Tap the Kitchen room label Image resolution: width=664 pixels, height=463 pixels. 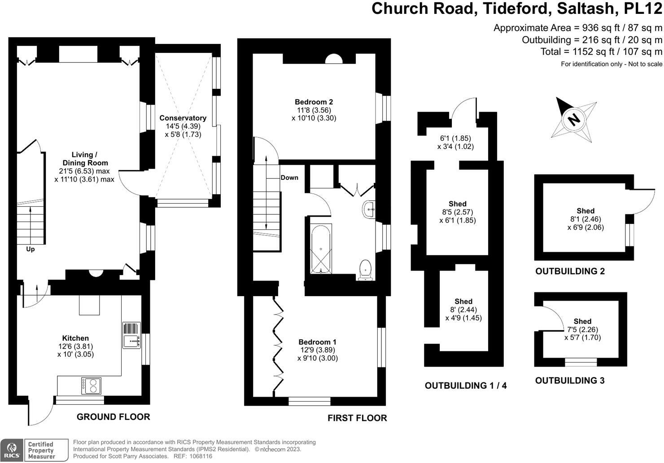pos(75,338)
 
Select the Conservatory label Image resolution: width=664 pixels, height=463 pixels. pos(183,118)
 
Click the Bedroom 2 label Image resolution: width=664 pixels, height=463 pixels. pos(314,102)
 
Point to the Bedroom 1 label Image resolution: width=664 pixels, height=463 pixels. pos(317,342)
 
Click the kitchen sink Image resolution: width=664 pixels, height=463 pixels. pos(131,336)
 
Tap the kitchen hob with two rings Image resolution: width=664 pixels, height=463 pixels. pos(91,385)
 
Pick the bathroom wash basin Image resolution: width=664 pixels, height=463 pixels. pos(369,210)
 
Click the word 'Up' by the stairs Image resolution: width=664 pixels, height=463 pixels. pos(30,249)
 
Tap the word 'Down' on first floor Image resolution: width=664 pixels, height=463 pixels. pos(289,177)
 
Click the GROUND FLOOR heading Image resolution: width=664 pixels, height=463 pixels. pos(113,417)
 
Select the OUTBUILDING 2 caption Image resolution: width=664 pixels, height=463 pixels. pos(570,271)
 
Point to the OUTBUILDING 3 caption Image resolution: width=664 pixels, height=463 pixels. pos(570,380)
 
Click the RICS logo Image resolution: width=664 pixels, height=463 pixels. pos(12,450)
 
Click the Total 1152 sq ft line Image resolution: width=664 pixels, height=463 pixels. pos(601,52)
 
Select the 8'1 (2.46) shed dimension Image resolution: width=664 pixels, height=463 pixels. pos(585,219)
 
